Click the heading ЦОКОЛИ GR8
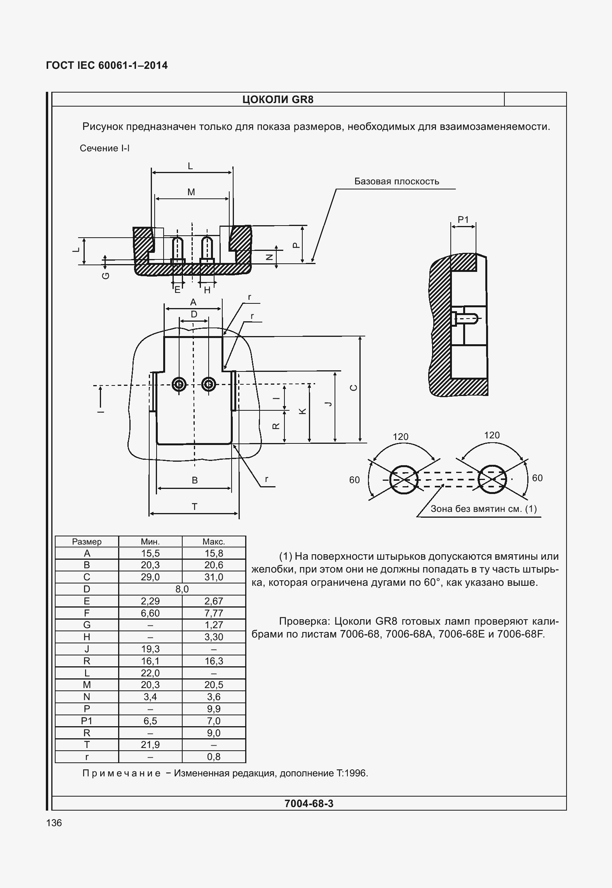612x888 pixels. pyautogui.click(x=277, y=100)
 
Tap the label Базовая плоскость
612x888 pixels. pyautogui.click(x=396, y=181)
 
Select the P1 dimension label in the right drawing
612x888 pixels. pyautogui.click(x=463, y=220)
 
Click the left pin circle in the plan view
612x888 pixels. pyautogui.click(x=179, y=384)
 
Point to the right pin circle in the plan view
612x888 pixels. pyautogui.click(x=209, y=384)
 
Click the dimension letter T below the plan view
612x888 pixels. pyautogui.click(x=194, y=506)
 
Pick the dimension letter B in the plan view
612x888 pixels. pyautogui.click(x=195, y=480)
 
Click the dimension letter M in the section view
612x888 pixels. pyautogui.click(x=191, y=192)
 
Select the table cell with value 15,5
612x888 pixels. pyautogui.click(x=150, y=553)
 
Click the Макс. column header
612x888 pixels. pyautogui.click(x=214, y=541)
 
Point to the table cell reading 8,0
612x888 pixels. pyautogui.click(x=182, y=589)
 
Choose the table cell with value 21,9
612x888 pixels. pyautogui.click(x=150, y=745)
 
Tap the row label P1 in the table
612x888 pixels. pyautogui.click(x=87, y=721)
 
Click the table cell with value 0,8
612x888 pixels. pyautogui.click(x=214, y=757)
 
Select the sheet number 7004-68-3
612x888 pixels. pyautogui.click(x=309, y=804)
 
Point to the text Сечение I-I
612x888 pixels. pyautogui.click(x=105, y=148)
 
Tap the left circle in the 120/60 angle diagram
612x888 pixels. pyautogui.click(x=404, y=480)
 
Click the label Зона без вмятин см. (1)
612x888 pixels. pyautogui.click(x=483, y=509)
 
